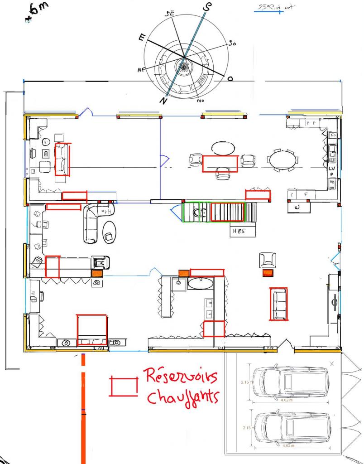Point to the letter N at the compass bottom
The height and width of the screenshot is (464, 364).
coord(163,101)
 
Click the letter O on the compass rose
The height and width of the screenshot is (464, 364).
coord(230,79)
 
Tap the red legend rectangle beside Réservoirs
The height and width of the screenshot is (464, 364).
coord(124,386)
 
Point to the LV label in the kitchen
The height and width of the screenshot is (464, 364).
coord(331,168)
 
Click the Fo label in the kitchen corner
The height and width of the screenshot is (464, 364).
coord(333,135)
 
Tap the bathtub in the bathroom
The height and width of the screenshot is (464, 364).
coord(200,284)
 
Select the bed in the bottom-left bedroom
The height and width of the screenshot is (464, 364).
coord(92,330)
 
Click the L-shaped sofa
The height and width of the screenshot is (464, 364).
coord(94,222)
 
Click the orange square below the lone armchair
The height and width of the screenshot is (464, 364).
coord(268,273)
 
